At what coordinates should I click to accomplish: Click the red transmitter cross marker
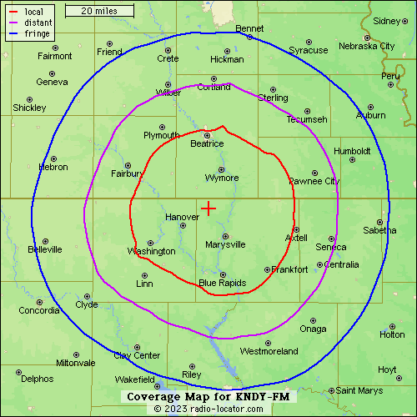point(208,208)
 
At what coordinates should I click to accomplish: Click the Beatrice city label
point(207,143)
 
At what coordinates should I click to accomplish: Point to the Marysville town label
point(225,244)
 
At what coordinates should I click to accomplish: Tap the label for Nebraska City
point(364,46)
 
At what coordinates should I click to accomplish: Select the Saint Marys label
point(359,390)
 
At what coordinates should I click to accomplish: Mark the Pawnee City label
point(314,181)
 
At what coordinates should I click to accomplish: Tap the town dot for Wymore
point(222,169)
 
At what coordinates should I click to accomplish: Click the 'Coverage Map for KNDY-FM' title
point(208,397)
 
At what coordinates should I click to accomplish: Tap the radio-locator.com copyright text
point(208,409)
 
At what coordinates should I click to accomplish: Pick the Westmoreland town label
point(269,351)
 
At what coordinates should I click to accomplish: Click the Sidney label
point(387,21)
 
